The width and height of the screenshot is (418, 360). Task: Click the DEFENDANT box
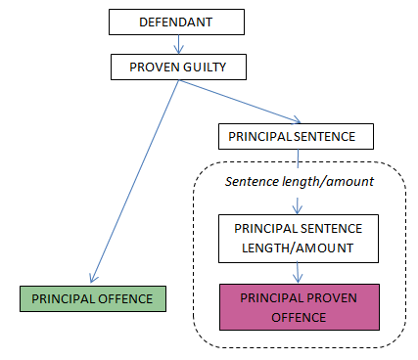tap(176, 22)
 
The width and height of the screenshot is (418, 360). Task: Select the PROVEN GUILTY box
tap(178, 67)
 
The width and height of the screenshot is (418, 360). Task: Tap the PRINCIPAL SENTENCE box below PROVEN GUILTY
tap(296, 136)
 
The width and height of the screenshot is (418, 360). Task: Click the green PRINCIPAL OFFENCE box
tap(93, 299)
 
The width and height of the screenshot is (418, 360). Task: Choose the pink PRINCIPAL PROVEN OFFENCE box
tap(300, 307)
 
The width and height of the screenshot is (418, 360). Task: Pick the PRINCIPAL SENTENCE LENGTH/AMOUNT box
tap(299, 239)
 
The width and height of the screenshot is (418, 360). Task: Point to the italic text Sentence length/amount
tap(300, 182)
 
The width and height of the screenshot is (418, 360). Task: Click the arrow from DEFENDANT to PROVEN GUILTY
tap(178, 44)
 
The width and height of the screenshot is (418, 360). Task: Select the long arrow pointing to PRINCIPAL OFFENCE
tap(134, 181)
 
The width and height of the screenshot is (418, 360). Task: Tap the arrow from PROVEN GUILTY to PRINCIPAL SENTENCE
tap(240, 102)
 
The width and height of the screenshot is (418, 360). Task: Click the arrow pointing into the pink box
tap(298, 273)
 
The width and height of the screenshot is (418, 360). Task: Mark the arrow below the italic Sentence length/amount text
tap(298, 205)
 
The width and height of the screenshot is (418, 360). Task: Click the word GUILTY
tap(205, 67)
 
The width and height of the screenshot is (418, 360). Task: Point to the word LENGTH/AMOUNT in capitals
tap(298, 248)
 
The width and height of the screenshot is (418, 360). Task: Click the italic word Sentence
tap(252, 182)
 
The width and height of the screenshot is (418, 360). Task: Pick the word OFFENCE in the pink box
tap(299, 318)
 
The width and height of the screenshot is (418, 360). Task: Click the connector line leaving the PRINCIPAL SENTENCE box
tap(298, 158)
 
